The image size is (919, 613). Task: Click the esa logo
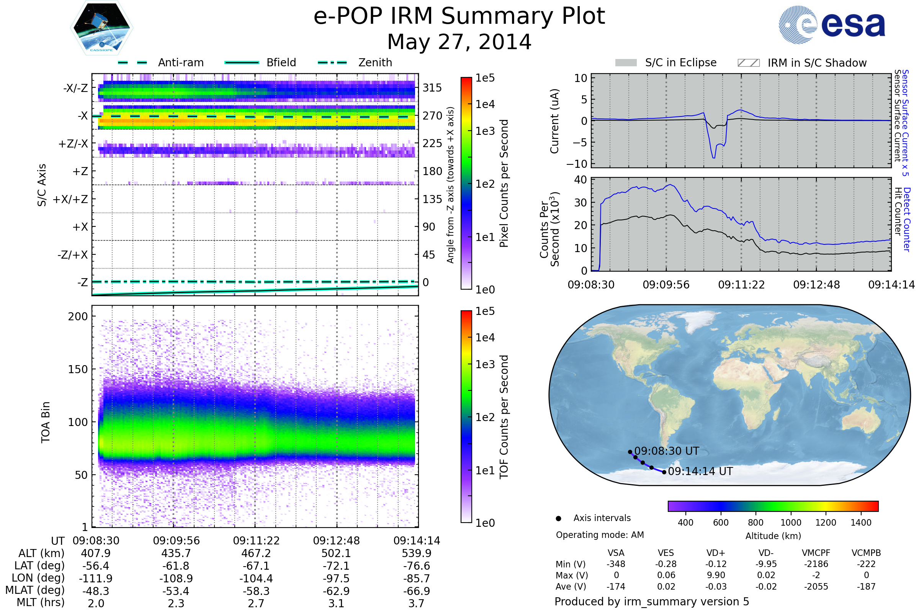(832, 25)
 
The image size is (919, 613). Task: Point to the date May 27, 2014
(459, 42)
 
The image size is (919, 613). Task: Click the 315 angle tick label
(432, 88)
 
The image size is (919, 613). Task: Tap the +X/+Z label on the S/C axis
(70, 199)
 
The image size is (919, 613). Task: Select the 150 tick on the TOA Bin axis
(78, 369)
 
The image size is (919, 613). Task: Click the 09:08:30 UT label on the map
(667, 451)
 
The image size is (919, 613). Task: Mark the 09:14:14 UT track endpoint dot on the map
(664, 472)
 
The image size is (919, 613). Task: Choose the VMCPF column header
(816, 553)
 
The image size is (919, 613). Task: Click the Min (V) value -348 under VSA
(616, 564)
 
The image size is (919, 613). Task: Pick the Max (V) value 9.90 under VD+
(716, 575)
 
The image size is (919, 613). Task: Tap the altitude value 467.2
(256, 554)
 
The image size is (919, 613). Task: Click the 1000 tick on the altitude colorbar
(791, 523)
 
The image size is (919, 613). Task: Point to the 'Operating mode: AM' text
(600, 535)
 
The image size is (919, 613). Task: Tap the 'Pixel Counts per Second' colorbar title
(504, 184)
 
